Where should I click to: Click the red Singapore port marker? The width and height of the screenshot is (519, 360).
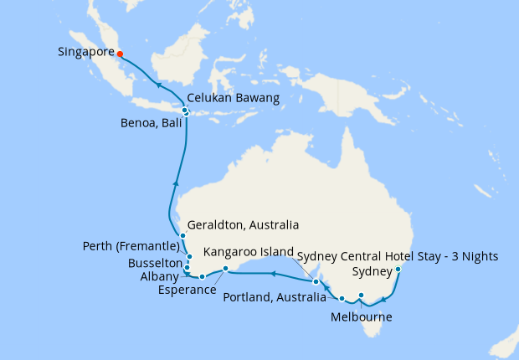pyautogui.click(x=120, y=54)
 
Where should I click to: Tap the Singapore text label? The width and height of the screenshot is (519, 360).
pyautogui.click(x=85, y=52)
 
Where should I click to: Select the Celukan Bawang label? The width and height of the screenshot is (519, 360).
pyautogui.click(x=233, y=98)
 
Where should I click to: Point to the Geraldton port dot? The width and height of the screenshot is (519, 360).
pyautogui.click(x=182, y=236)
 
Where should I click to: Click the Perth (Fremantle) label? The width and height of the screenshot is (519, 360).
pyautogui.click(x=131, y=246)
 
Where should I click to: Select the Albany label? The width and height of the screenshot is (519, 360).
pyautogui.click(x=160, y=276)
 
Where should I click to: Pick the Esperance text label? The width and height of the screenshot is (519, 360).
pyautogui.click(x=187, y=290)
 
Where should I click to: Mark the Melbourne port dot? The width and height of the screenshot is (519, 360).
pyautogui.click(x=361, y=295)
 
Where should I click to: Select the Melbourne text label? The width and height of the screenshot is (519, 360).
pyautogui.click(x=361, y=317)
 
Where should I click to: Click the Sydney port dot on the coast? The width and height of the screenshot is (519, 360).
pyautogui.click(x=398, y=270)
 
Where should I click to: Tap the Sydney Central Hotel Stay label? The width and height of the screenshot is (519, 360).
pyautogui.click(x=398, y=255)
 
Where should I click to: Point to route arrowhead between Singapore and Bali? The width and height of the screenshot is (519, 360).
pyautogui.click(x=157, y=85)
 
